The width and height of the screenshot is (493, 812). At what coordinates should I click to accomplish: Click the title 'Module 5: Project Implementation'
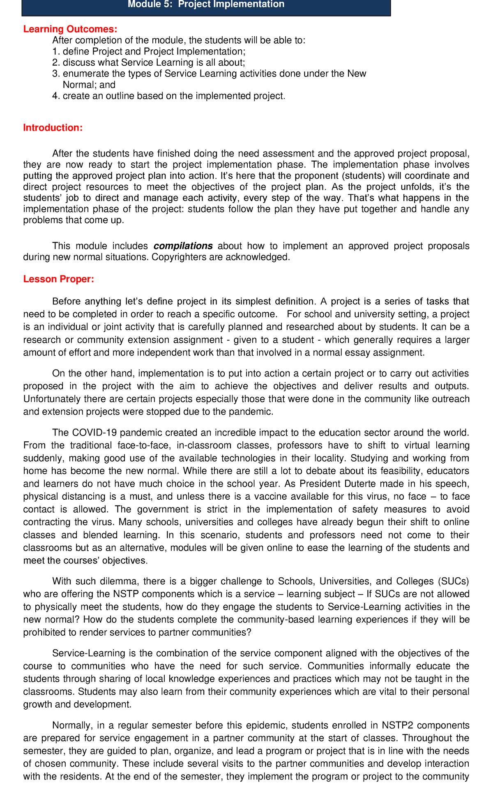point(206,5)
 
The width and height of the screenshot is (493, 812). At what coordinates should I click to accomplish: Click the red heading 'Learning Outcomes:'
point(70,29)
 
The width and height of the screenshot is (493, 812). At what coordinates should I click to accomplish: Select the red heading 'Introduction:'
point(53,128)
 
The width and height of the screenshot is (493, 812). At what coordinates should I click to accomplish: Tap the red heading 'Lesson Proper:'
point(59,279)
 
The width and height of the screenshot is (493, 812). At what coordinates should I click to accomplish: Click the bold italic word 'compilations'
point(183,246)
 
